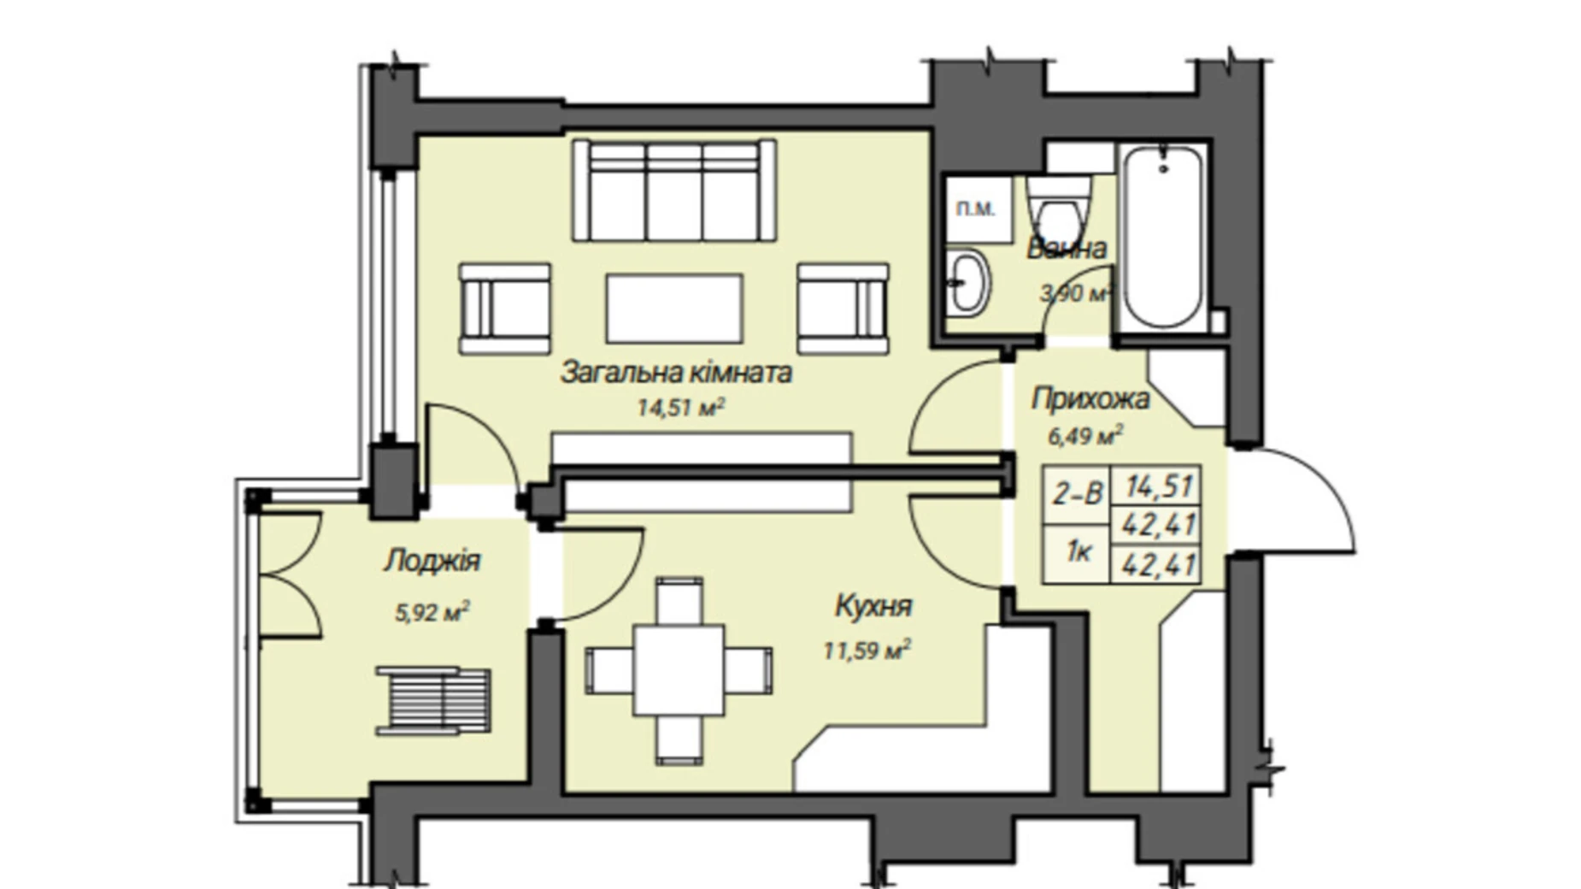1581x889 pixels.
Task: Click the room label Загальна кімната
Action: coord(676,373)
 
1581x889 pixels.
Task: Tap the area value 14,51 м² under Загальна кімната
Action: coord(681,408)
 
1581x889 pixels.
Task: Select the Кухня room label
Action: coord(873,606)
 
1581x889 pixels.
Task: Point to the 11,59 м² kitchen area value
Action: coord(867,650)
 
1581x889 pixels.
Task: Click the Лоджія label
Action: coord(432,561)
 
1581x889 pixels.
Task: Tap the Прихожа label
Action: coord(1090,398)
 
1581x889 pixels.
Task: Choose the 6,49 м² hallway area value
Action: coord(1085,436)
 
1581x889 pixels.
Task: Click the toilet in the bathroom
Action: coord(1059,209)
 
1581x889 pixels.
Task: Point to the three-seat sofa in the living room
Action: coord(674,191)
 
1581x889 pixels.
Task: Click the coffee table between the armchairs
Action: coord(674,308)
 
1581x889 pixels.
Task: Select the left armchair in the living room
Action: coord(503,308)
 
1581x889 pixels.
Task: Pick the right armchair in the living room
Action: coord(843,308)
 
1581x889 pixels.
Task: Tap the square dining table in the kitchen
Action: coord(679,670)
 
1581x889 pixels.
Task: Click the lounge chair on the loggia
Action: coord(434,701)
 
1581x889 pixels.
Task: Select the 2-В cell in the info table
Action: coord(1077,494)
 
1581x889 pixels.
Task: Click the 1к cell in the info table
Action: coord(1077,553)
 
